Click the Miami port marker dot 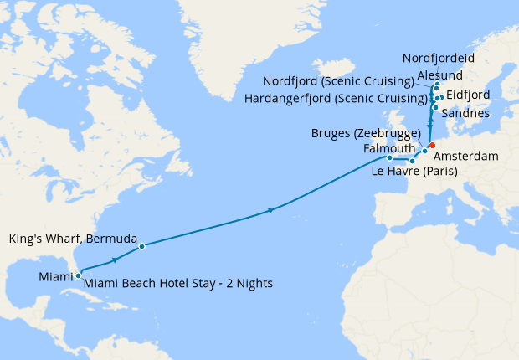[x=78, y=275]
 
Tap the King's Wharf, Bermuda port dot [x=142, y=246]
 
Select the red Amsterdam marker [x=432, y=146]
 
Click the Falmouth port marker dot [x=389, y=157]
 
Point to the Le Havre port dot [x=412, y=161]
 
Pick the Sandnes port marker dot [x=435, y=108]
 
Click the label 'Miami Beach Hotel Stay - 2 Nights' [x=178, y=284]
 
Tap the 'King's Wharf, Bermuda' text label [x=67, y=239]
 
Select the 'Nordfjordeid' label [x=439, y=58]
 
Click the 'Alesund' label [x=451, y=75]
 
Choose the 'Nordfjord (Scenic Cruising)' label [x=338, y=82]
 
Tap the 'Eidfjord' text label [x=469, y=95]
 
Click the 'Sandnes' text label [x=465, y=113]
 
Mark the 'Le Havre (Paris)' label [x=414, y=173]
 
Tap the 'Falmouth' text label [x=390, y=147]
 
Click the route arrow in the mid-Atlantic [x=270, y=210]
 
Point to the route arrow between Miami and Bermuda [x=114, y=260]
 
